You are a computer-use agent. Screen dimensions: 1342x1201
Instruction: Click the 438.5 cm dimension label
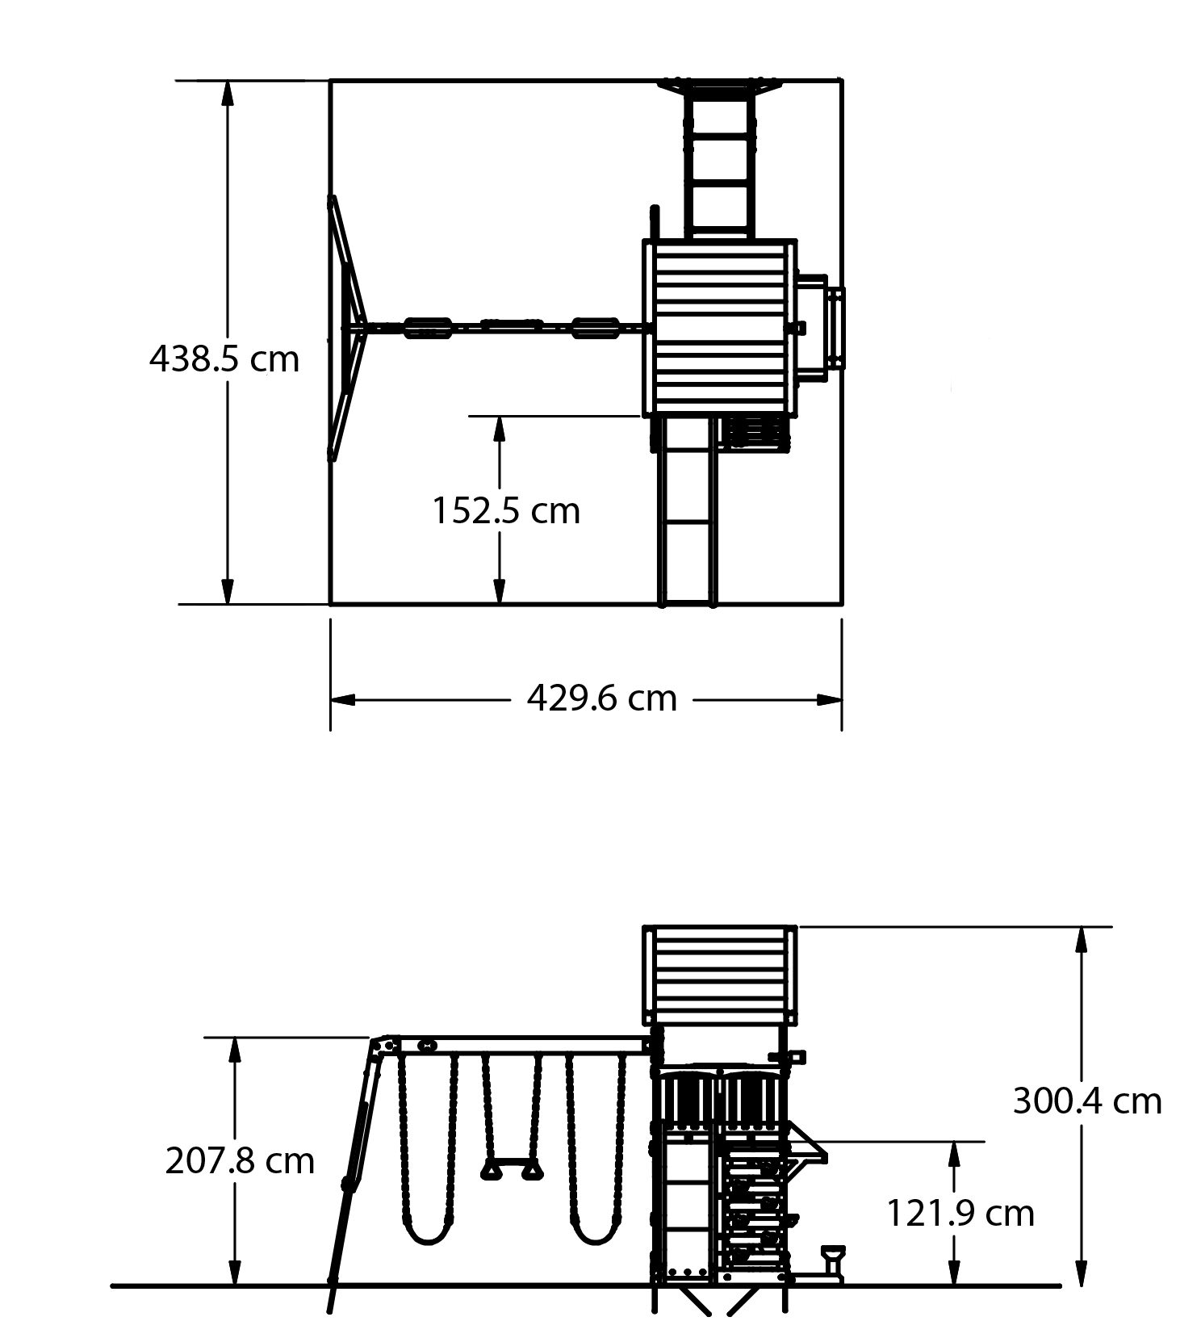point(224,359)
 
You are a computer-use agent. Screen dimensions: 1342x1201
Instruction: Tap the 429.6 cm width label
point(601,698)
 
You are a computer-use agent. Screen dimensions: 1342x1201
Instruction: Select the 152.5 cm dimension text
point(506,510)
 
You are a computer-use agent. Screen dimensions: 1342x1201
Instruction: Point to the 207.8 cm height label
point(240,1161)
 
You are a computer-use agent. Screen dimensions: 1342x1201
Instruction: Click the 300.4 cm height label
point(1086,1101)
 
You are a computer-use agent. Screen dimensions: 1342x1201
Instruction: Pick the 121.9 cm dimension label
point(960,1213)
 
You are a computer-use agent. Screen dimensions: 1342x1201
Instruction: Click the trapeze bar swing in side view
point(512,1169)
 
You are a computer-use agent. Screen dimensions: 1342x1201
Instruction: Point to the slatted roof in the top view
point(720,328)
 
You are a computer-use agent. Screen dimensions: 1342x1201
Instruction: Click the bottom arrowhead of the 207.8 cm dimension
point(235,1273)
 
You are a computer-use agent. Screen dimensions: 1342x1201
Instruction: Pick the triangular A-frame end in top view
point(347,328)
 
